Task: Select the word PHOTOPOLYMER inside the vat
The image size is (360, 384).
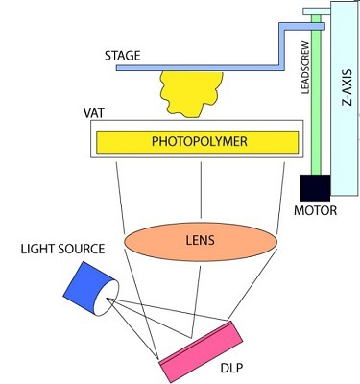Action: pos(199,141)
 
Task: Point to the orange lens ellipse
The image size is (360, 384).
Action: pos(202,236)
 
